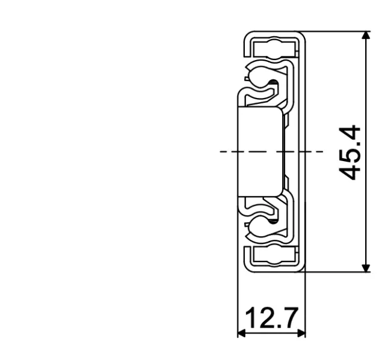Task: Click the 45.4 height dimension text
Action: point(351,152)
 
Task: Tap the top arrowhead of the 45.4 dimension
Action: point(366,36)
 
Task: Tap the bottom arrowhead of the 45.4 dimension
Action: point(366,267)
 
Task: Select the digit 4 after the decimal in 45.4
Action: point(351,133)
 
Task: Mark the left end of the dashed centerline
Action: point(221,151)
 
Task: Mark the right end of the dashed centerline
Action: point(322,151)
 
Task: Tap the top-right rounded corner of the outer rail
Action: point(304,35)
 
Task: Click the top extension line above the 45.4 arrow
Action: point(337,31)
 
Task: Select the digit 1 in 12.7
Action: point(252,318)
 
